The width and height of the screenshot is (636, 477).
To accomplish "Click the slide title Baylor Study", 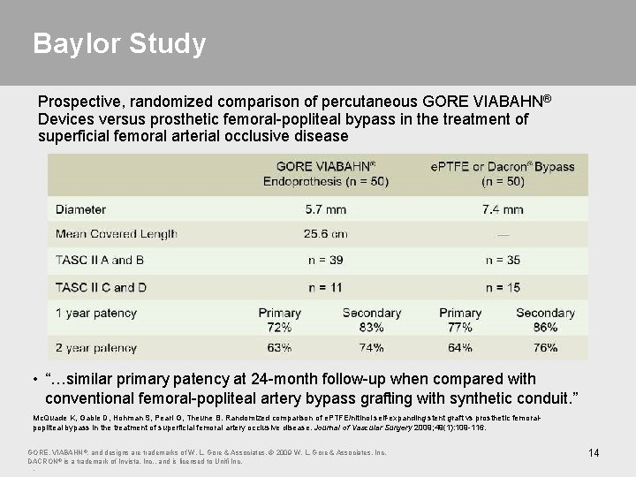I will click(x=119, y=43).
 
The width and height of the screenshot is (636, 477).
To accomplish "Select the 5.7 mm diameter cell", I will click(x=326, y=209).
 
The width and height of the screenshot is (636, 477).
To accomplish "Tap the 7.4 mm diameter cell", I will click(x=503, y=209).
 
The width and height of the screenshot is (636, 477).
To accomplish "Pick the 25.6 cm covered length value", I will click(x=326, y=234).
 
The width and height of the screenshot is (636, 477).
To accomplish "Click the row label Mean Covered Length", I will click(x=116, y=234).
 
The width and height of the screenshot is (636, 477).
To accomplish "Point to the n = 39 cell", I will click(x=326, y=260).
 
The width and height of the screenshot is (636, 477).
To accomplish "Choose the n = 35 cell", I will click(x=503, y=260).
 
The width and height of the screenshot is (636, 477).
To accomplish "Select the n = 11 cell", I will click(x=326, y=287).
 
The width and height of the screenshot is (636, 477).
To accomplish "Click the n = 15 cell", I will click(x=503, y=287).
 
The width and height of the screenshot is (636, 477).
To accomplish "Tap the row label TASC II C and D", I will click(x=102, y=287).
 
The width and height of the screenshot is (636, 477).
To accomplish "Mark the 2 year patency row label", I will click(x=95, y=347).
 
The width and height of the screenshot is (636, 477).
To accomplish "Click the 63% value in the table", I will click(x=279, y=347).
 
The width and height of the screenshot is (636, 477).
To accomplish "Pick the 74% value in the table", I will click(x=371, y=347).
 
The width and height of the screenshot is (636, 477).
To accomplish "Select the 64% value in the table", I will click(x=460, y=347).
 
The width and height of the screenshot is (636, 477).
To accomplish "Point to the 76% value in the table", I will click(x=545, y=347).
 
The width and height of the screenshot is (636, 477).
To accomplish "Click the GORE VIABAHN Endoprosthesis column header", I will click(x=326, y=173).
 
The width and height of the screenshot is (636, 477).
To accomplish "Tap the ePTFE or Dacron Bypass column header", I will click(x=503, y=173).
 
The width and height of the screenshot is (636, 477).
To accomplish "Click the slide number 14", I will click(x=594, y=453).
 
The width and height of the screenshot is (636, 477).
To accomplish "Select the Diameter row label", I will click(x=80, y=209).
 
